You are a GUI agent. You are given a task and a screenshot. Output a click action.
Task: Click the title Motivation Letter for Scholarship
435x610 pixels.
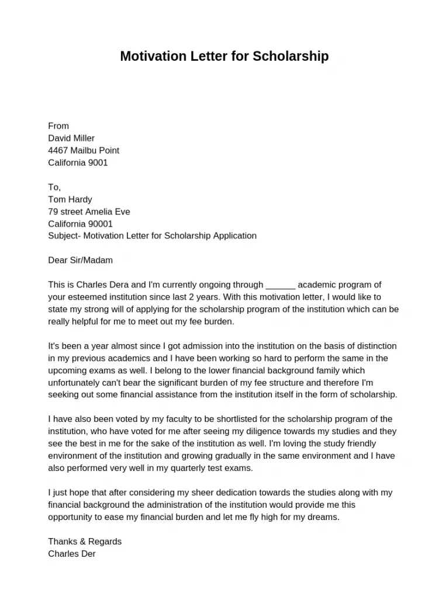(x=224, y=56)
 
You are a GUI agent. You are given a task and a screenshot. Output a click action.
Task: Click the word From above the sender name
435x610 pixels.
(x=58, y=126)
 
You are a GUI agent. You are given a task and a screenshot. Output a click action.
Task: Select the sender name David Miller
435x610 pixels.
(x=71, y=138)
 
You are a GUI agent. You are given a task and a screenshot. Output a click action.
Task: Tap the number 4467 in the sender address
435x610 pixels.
(x=58, y=151)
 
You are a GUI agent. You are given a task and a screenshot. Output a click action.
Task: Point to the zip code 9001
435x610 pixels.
(x=98, y=163)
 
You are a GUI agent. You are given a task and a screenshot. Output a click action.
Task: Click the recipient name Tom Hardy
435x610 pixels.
(x=70, y=200)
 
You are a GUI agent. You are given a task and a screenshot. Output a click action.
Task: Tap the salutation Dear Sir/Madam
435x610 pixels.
(x=80, y=261)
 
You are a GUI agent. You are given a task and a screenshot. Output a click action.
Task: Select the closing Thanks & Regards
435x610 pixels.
(x=85, y=542)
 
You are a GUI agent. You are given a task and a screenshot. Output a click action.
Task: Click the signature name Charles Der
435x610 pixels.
(x=71, y=554)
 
